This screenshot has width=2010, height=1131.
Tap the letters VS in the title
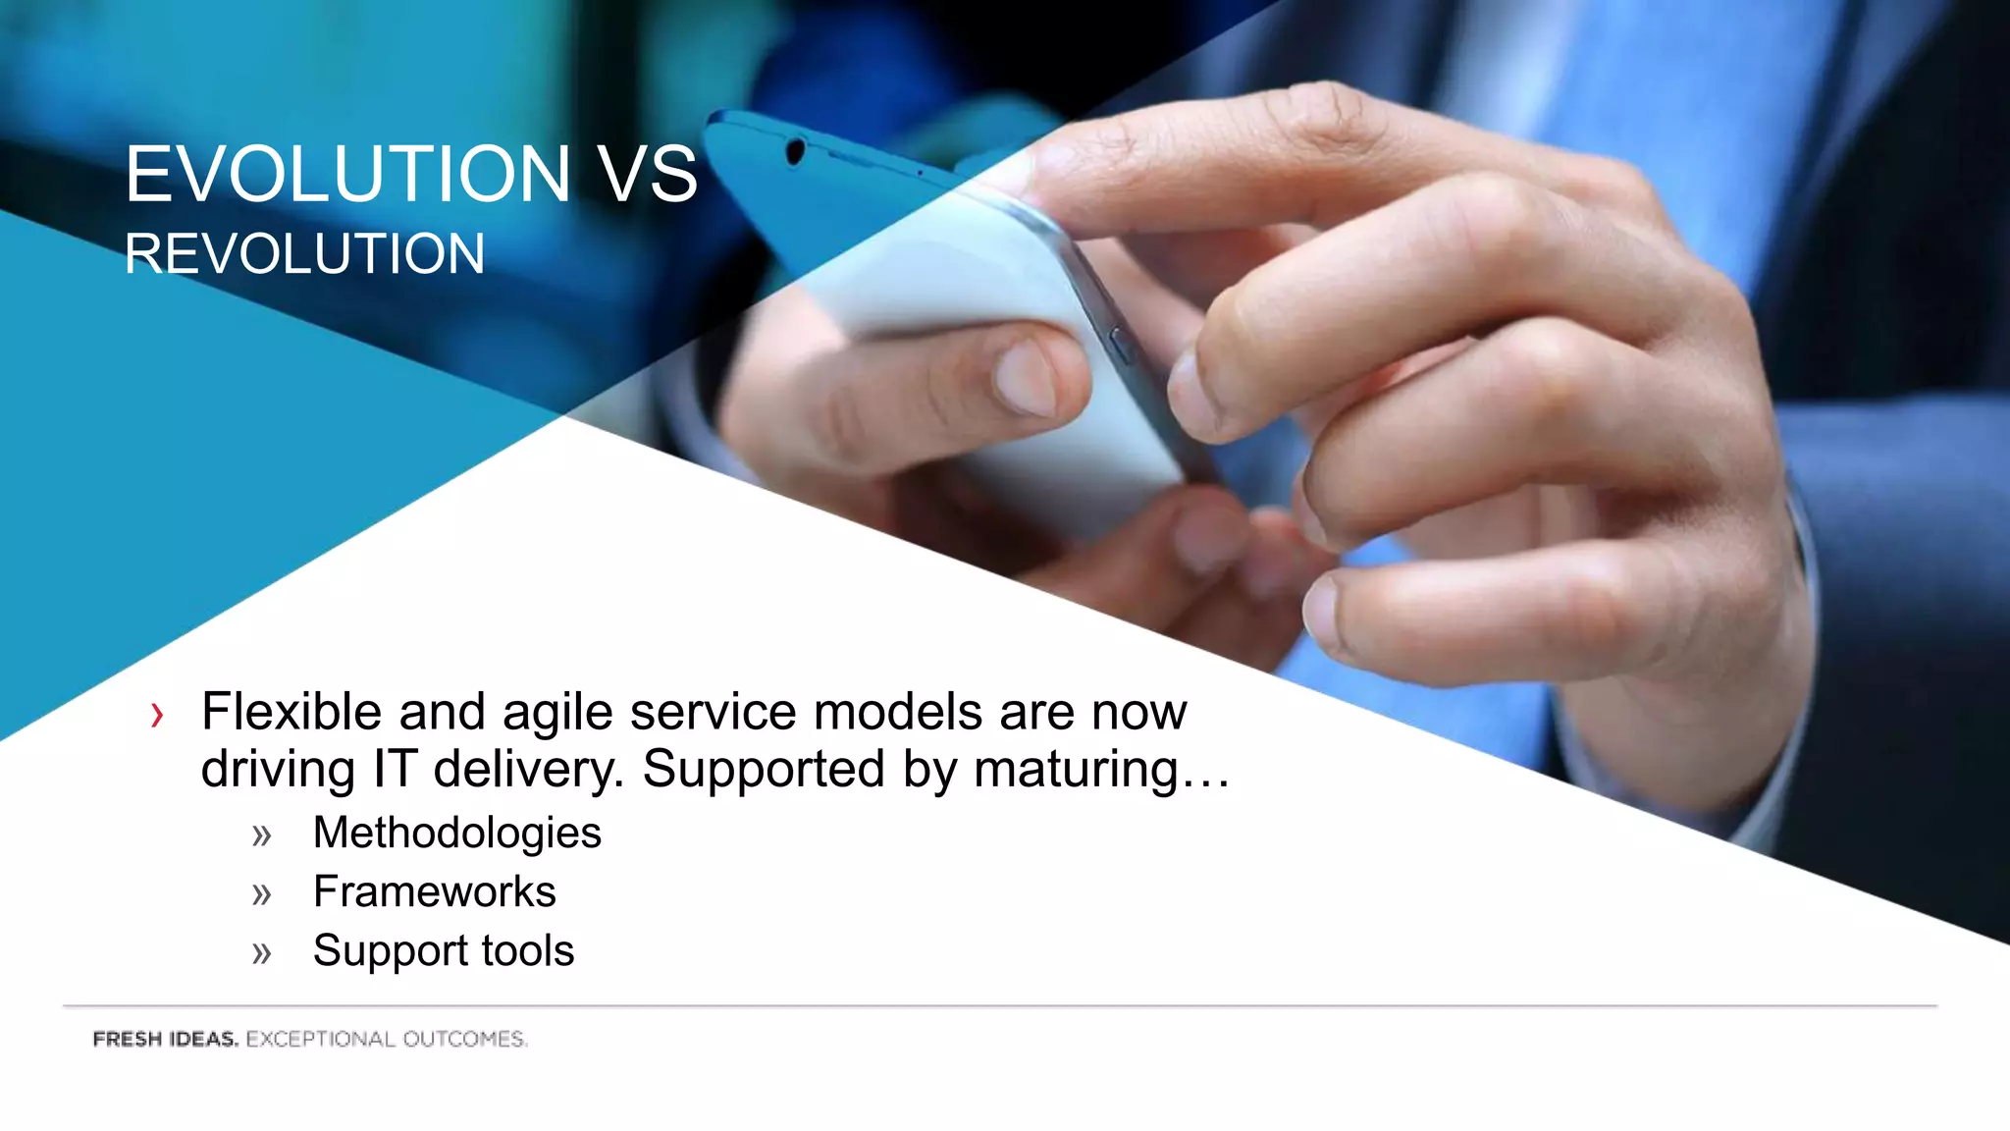[x=649, y=175]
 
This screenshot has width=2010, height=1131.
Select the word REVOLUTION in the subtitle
[x=304, y=254]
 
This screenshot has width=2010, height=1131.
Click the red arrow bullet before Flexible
[x=157, y=715]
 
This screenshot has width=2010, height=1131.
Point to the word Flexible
[x=291, y=712]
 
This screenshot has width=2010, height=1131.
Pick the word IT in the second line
[x=395, y=769]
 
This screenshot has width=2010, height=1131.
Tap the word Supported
[x=764, y=770]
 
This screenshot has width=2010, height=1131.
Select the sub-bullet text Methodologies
[x=456, y=834]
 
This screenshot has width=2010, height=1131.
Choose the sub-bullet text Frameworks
[x=434, y=891]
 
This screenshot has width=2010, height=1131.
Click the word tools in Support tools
[x=527, y=950]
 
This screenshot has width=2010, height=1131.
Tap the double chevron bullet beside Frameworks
[x=261, y=894]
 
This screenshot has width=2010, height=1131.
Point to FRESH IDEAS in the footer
[x=165, y=1039]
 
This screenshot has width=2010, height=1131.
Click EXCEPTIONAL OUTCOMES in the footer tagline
[x=386, y=1039]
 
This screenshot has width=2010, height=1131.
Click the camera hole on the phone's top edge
[x=795, y=151]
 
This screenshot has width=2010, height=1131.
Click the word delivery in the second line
[x=528, y=770]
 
